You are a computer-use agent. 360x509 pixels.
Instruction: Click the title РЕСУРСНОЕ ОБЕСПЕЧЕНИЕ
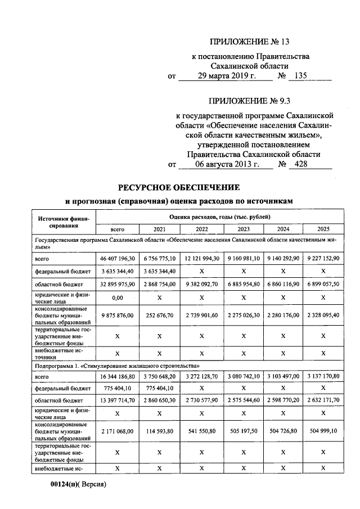point(179,187)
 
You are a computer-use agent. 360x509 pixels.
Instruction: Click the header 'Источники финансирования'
point(59,222)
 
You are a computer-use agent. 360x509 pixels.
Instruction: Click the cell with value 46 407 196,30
point(117,259)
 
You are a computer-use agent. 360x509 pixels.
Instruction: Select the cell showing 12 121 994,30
point(202,259)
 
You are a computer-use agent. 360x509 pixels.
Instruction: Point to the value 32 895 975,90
point(117,285)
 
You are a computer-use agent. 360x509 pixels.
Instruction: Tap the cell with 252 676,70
point(160,316)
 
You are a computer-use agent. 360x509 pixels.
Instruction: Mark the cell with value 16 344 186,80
point(117,376)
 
